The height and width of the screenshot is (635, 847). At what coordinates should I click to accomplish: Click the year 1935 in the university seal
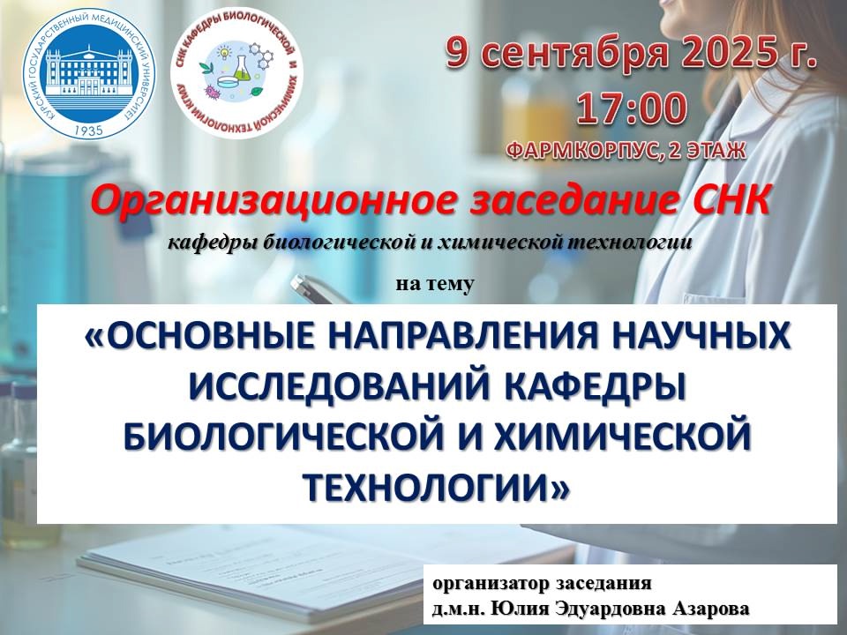click(x=89, y=131)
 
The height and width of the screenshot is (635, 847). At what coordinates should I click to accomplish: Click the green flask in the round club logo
click(x=240, y=68)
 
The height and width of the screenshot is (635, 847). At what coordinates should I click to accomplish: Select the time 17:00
click(x=632, y=108)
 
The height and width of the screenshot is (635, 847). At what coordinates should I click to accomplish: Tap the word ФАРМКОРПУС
click(x=581, y=151)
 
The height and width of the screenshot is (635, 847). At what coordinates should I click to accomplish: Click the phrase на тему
click(x=435, y=284)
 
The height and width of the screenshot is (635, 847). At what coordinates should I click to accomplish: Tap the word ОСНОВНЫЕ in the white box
click(x=206, y=335)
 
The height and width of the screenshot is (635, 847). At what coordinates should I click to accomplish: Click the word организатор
click(x=491, y=584)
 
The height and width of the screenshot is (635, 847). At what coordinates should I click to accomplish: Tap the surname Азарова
click(x=711, y=609)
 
